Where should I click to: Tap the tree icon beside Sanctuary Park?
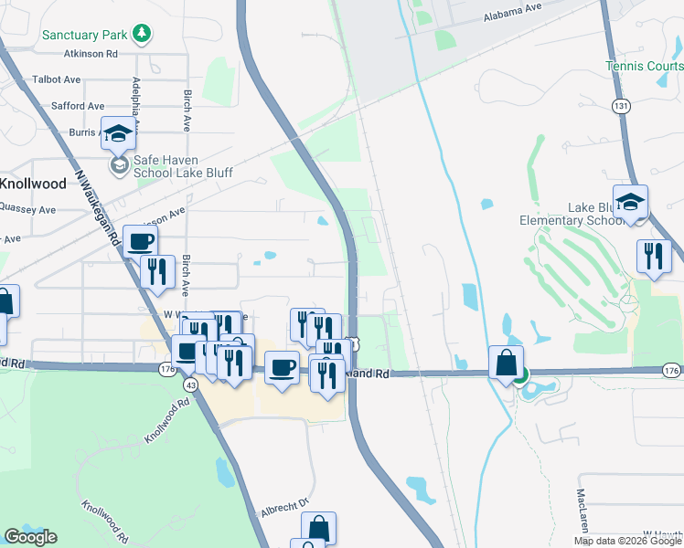coord(141,35)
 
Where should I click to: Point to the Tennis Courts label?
coord(644,66)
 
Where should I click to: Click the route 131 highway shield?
coord(622,107)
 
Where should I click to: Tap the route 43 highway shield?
coord(190,386)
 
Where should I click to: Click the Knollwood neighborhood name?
coord(33,184)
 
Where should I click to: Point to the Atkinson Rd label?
coord(87,55)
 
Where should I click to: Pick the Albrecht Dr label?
coord(285,503)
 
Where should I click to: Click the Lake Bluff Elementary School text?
coord(571,214)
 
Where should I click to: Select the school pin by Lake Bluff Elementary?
coord(630,203)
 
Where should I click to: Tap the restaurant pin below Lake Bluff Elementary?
coord(654,255)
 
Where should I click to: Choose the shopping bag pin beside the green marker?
coord(505,364)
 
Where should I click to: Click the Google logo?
coord(30,537)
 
